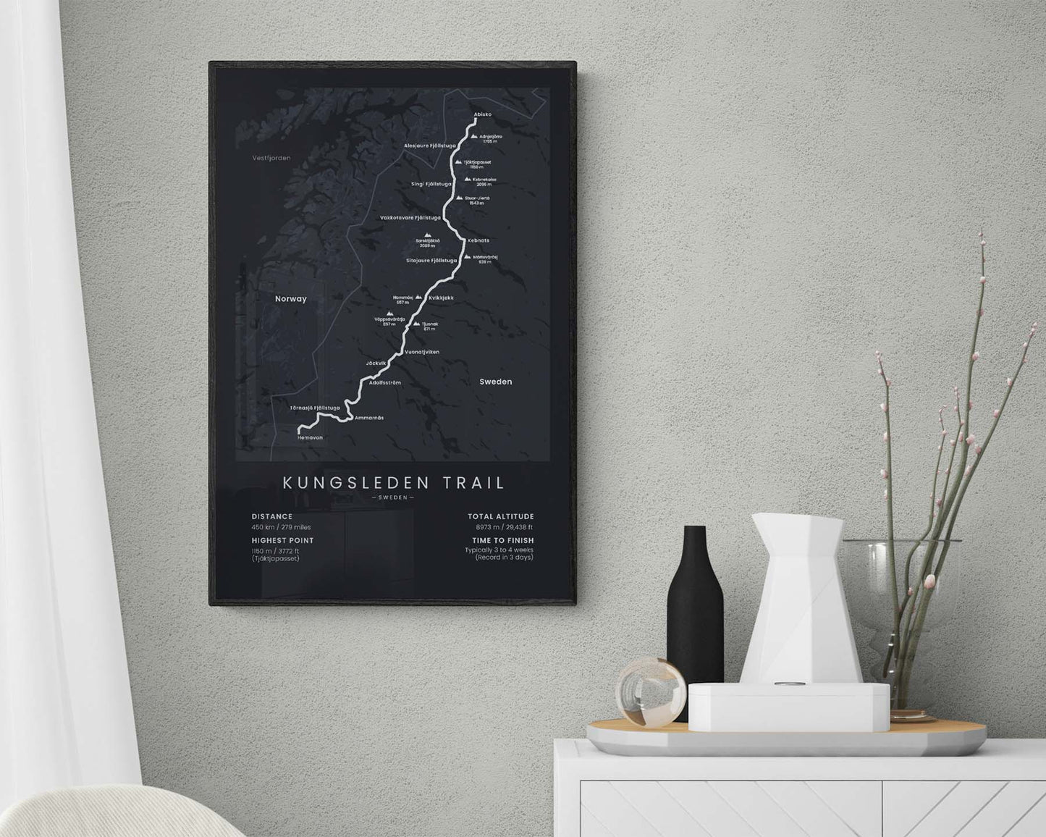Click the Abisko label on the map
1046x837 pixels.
[482, 114]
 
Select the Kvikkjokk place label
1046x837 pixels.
[441, 298]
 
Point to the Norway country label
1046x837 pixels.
[291, 298]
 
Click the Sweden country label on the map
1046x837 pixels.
[495, 382]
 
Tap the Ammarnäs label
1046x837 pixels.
[369, 418]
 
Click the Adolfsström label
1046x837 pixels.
[385, 382]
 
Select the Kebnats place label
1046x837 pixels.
[478, 240]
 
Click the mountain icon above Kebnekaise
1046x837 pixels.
[468, 178]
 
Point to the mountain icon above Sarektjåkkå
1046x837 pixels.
[428, 235]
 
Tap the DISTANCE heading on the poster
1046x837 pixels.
[272, 517]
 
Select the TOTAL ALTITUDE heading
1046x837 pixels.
[500, 517]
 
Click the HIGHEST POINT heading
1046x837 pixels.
[282, 540]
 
